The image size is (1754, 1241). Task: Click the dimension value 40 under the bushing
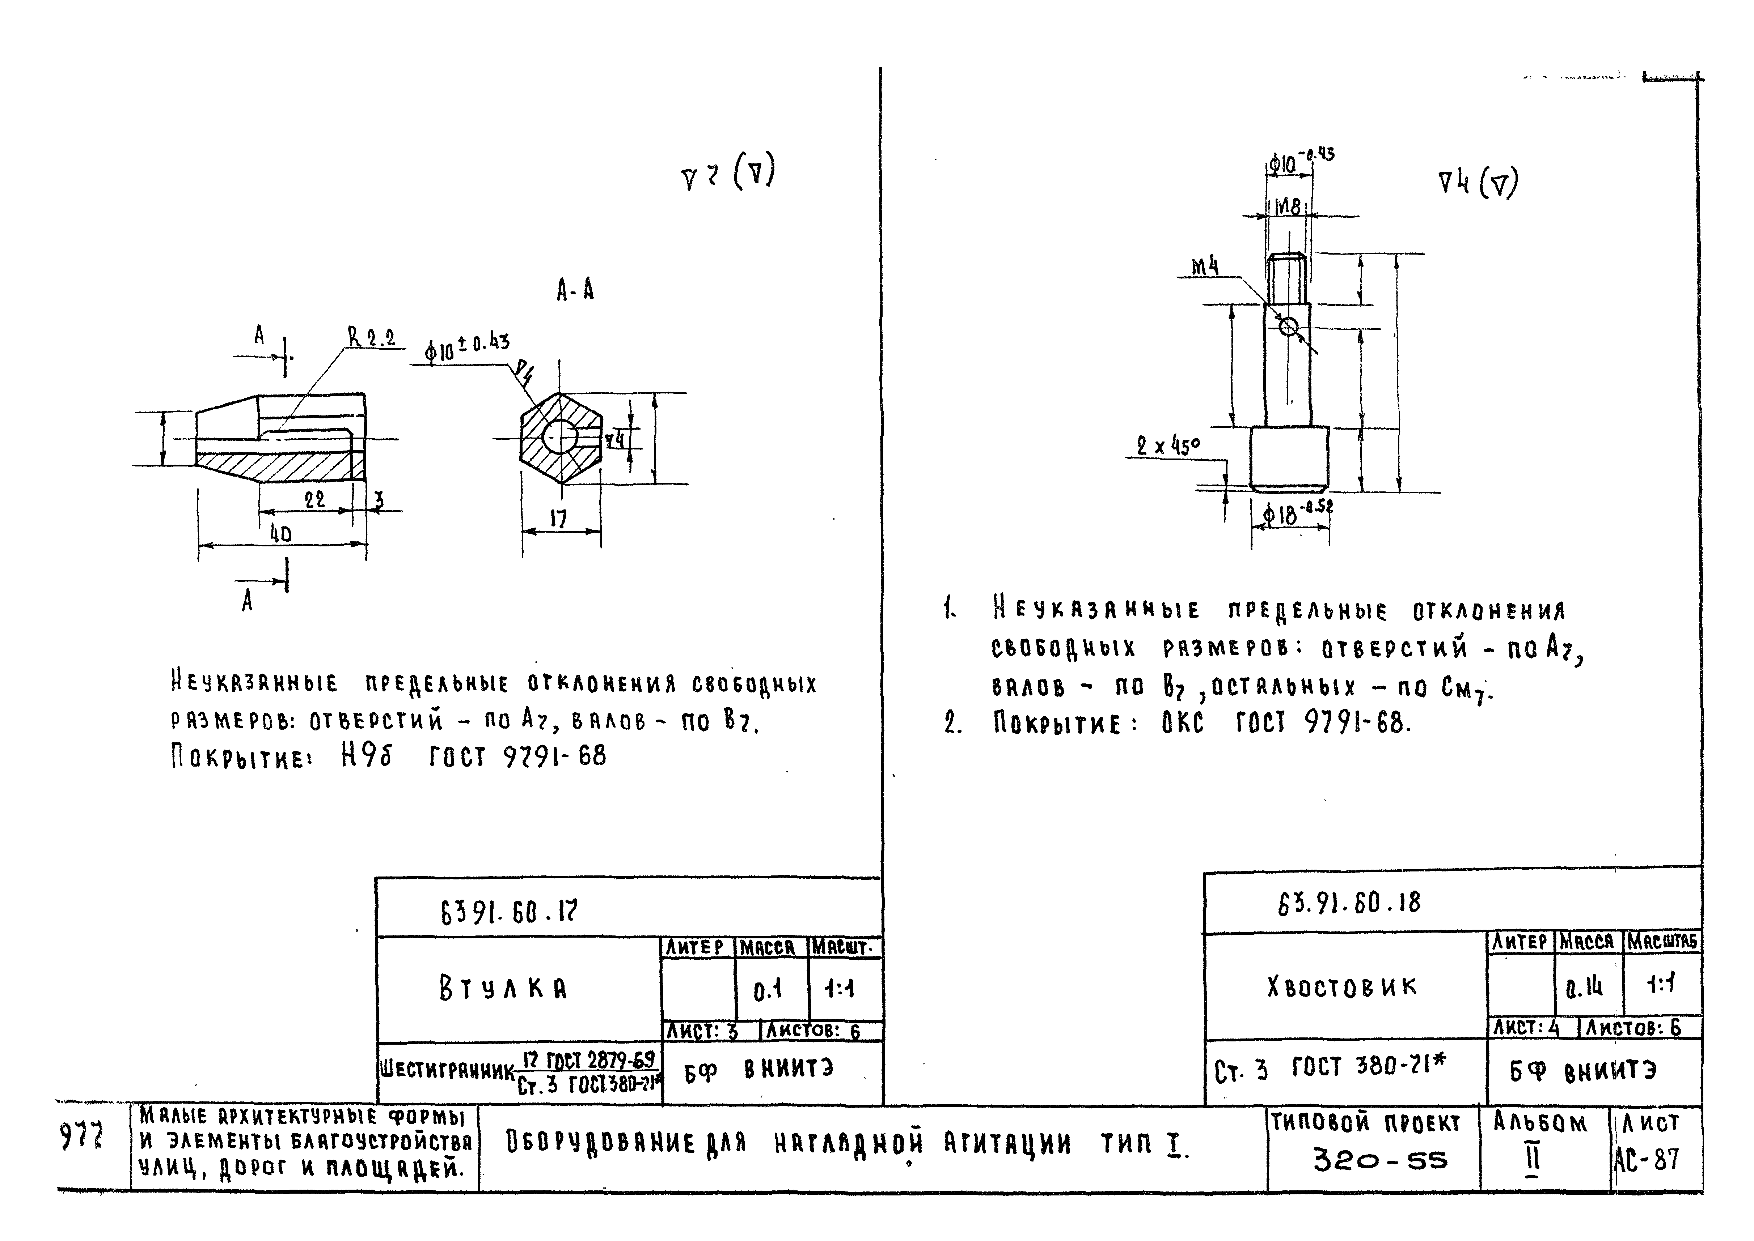point(280,533)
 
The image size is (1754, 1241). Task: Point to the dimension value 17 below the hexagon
point(559,520)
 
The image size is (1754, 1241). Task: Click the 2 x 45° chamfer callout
point(1167,446)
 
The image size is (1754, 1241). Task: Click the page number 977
point(81,1139)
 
